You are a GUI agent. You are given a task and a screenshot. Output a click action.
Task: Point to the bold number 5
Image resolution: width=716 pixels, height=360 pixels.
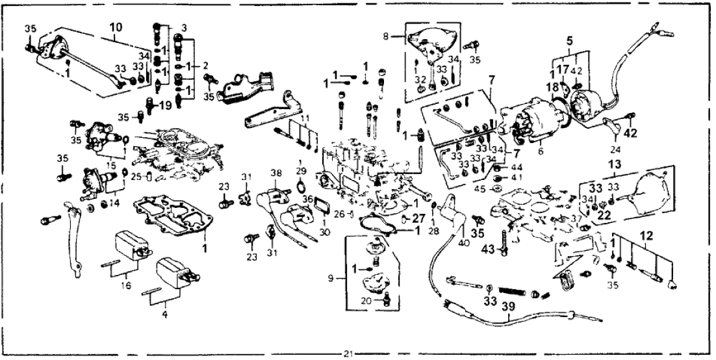(570, 40)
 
